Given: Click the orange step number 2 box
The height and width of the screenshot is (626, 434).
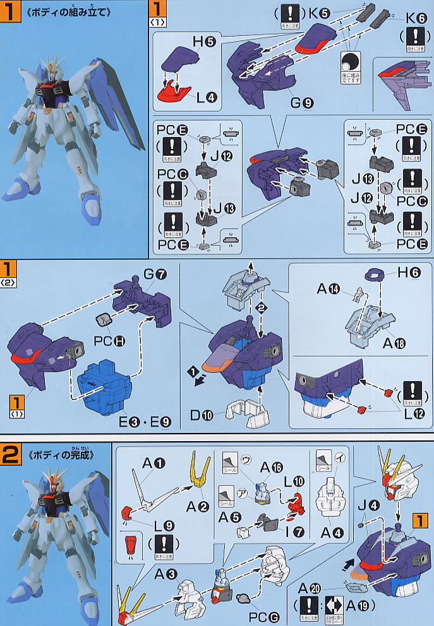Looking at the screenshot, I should pos(12,455).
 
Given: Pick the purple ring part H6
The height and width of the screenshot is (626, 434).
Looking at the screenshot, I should pos(377,274).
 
